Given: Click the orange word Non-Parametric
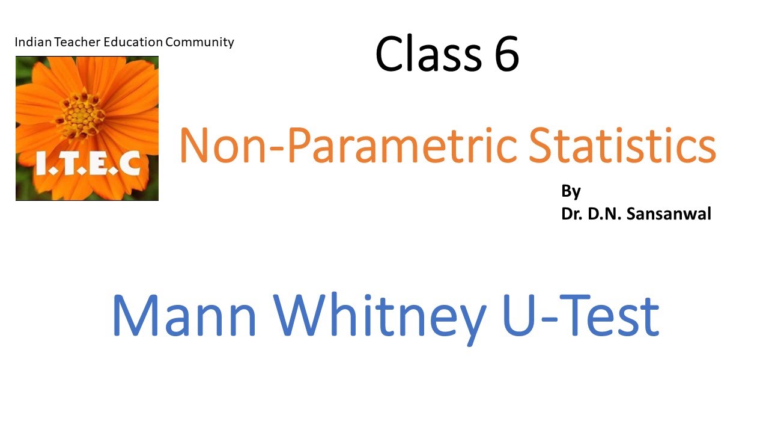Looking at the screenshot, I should (348, 147).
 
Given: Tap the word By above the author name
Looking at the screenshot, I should (571, 192).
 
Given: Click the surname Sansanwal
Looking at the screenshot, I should (669, 214).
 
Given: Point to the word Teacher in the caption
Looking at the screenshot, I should (78, 42).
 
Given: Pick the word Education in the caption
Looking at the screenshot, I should (133, 42).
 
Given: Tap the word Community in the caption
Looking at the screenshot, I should (199, 42).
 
